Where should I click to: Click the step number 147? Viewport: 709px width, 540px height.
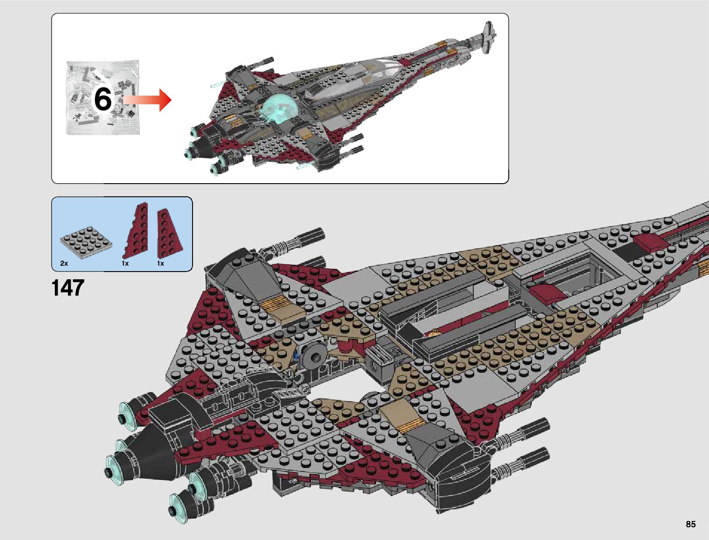tap(68, 288)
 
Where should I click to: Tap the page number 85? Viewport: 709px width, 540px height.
tap(690, 524)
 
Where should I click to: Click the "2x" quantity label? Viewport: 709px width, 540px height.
tap(64, 263)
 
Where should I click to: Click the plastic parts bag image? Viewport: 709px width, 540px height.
tap(103, 97)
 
